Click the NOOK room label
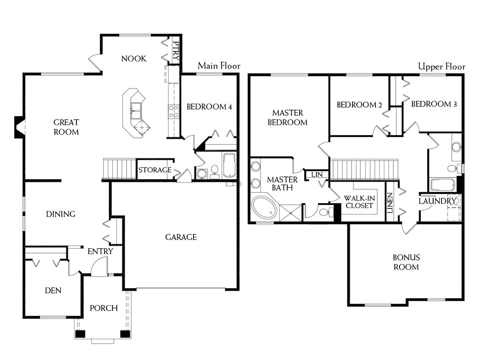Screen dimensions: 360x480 click(x=134, y=59)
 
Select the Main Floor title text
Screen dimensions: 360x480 click(x=219, y=66)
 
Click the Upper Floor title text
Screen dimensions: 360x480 click(x=442, y=67)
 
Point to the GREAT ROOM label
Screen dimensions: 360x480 click(x=66, y=127)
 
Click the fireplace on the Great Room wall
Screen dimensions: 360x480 click(x=19, y=127)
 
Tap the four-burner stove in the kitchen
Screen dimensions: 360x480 click(x=173, y=111)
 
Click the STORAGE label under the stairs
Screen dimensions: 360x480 click(x=155, y=170)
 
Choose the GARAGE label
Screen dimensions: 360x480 click(x=181, y=237)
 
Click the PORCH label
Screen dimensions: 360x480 click(x=104, y=308)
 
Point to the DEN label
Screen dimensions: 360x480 click(x=53, y=291)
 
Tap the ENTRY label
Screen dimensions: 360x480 click(x=100, y=252)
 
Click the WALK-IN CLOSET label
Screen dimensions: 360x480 click(x=359, y=202)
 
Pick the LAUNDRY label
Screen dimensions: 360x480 click(x=437, y=201)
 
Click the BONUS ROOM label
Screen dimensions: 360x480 click(x=406, y=262)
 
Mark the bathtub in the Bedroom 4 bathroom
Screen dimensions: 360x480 click(x=229, y=165)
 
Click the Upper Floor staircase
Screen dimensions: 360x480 click(x=364, y=170)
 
